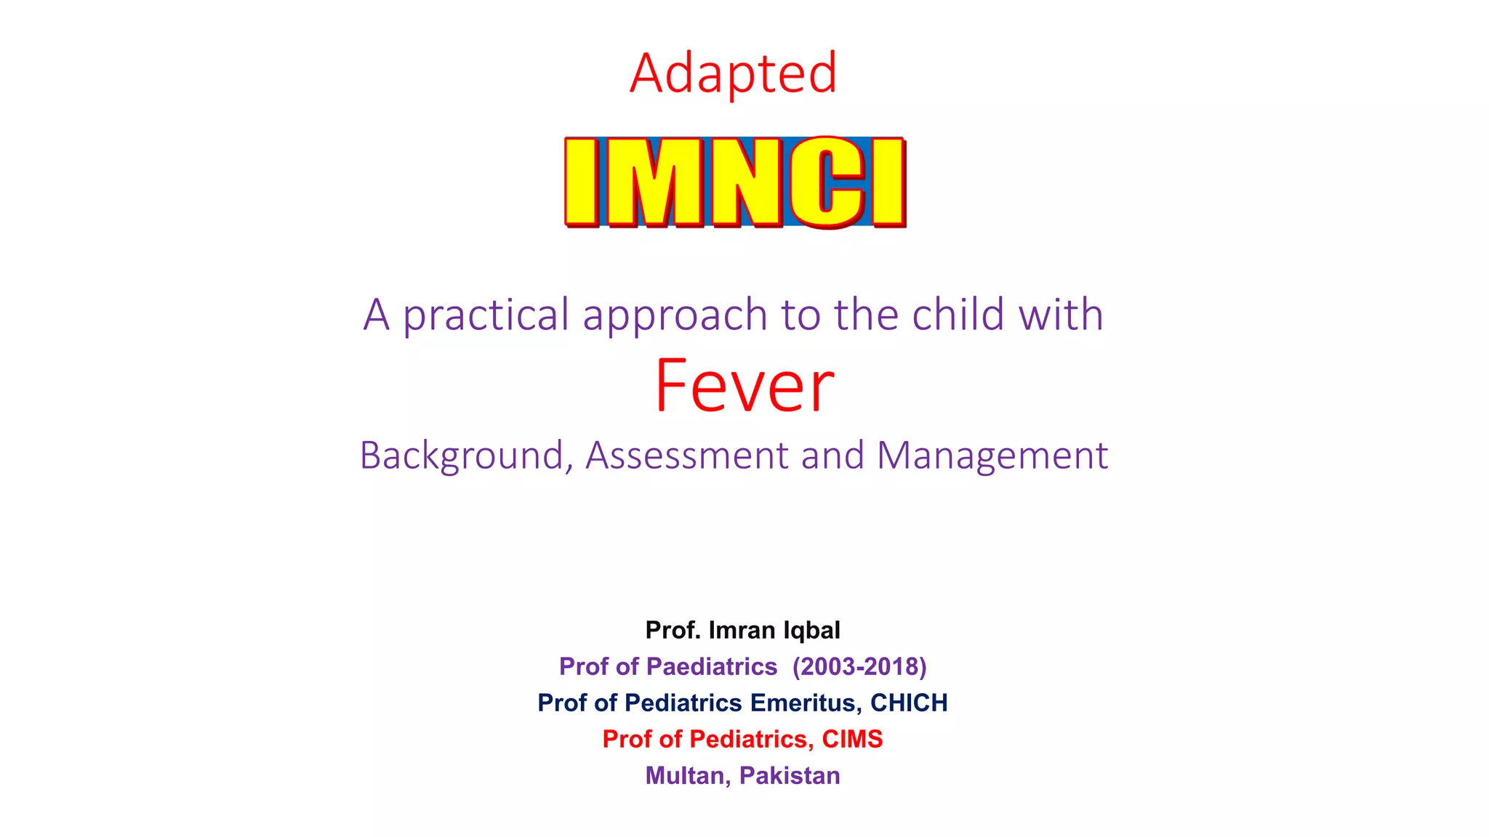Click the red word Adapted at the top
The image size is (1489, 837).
[x=734, y=73]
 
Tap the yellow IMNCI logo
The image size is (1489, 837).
[x=735, y=182]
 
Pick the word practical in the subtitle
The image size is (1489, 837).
[x=486, y=315]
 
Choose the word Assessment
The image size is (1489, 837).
[x=686, y=456]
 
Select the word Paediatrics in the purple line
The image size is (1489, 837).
[x=712, y=666]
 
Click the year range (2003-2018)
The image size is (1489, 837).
[x=859, y=666]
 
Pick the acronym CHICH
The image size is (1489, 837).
[x=909, y=703]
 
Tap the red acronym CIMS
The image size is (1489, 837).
[x=852, y=739]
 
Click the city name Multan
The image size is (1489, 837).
[x=686, y=776]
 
